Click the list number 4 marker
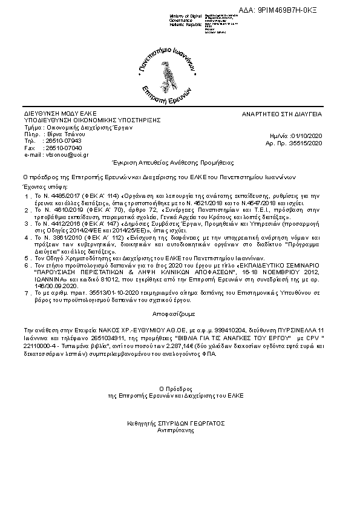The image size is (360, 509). coord(27,238)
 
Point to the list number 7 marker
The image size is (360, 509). coord(27,292)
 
